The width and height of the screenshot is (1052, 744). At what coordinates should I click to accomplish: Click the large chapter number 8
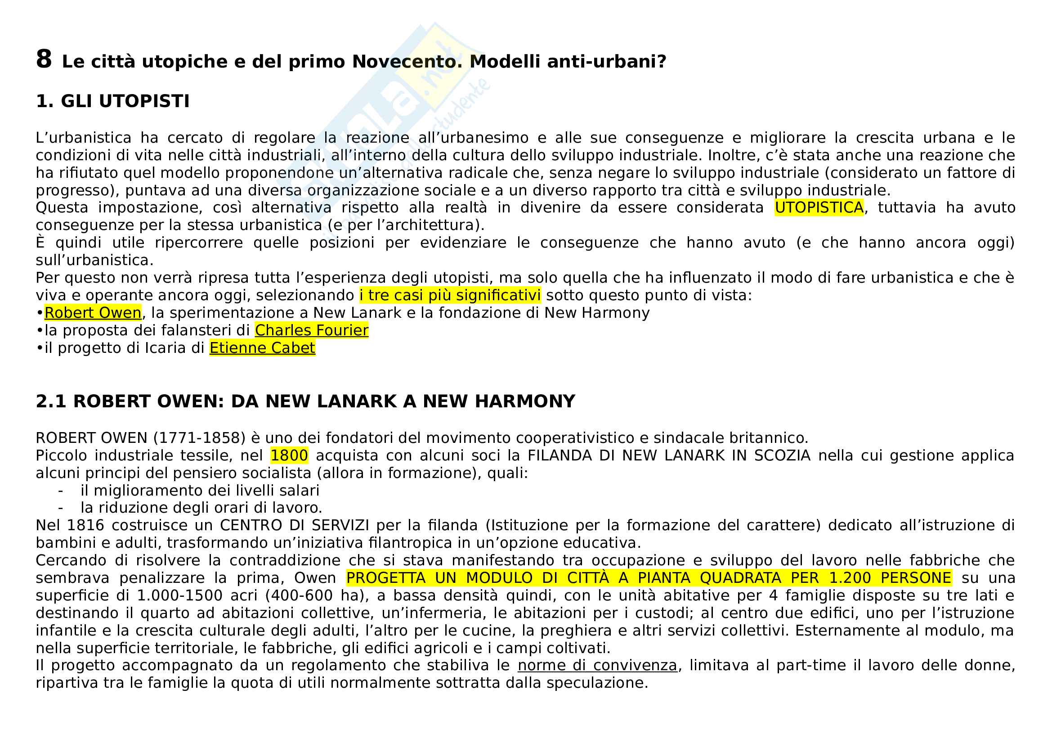pos(44,59)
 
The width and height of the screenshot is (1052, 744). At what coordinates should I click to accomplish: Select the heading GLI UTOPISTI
pos(125,101)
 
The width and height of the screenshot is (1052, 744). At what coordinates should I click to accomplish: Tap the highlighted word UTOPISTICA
pos(819,207)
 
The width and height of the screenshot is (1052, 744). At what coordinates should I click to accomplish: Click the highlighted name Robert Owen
pos(93,313)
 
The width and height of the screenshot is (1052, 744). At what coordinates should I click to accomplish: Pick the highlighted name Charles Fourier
pos(312,330)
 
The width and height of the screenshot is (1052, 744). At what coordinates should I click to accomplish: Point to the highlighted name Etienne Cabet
pos(262,348)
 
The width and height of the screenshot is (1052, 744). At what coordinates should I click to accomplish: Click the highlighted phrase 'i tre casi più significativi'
pos(450,295)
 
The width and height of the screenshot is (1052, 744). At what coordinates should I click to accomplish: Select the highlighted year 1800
pos(289,455)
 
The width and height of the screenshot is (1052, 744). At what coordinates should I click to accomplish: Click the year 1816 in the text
pos(85,525)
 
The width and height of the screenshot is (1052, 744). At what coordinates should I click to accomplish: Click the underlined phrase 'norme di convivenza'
pos(597,665)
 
